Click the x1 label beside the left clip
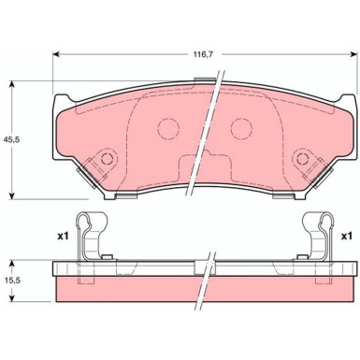click(x=63, y=236)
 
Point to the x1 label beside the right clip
click(x=346, y=236)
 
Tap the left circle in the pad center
click(x=168, y=130)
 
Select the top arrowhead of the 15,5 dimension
click(x=13, y=262)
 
